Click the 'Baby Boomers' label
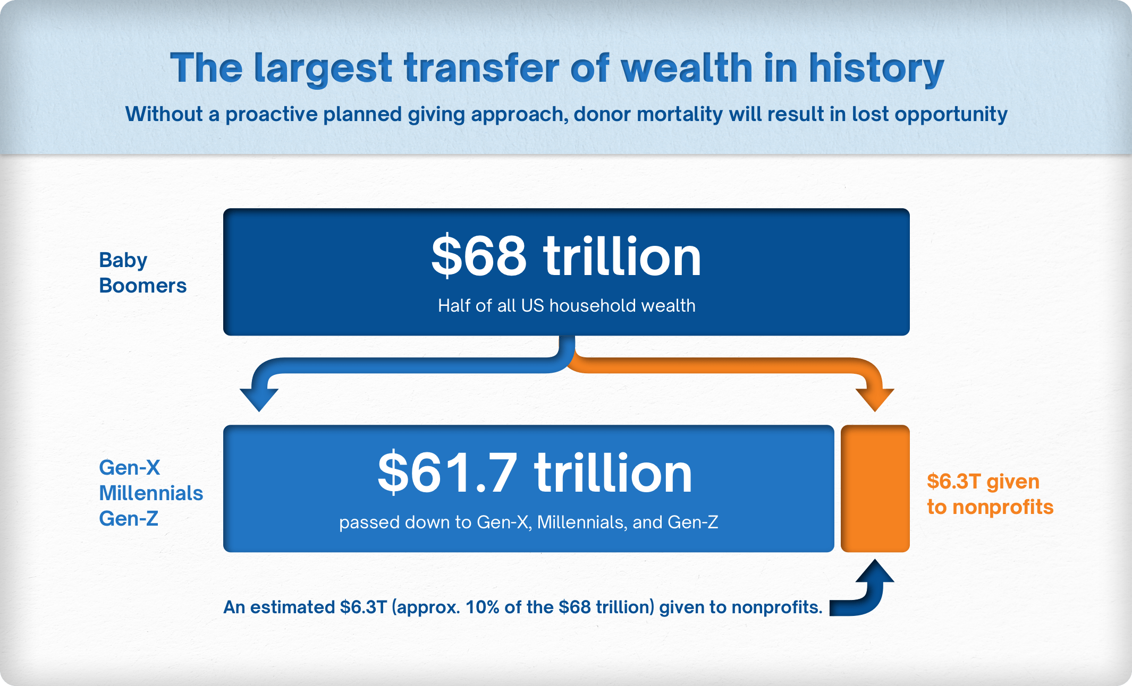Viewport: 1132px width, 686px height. (142, 273)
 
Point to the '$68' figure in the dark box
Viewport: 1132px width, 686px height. (478, 257)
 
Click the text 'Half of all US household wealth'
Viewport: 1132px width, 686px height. (567, 306)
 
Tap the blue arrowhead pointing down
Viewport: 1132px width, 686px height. (259, 399)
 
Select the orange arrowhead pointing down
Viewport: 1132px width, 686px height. (875, 399)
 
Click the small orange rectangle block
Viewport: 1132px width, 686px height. (875, 488)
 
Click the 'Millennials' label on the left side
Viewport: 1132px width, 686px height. (151, 493)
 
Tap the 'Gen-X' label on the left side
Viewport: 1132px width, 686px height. (129, 468)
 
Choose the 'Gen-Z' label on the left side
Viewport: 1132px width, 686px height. (129, 519)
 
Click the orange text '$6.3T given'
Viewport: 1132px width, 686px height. (983, 482)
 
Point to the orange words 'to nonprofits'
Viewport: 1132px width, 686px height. (990, 507)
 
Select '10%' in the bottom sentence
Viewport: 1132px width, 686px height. (482, 607)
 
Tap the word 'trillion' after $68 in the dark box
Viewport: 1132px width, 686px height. (622, 257)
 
